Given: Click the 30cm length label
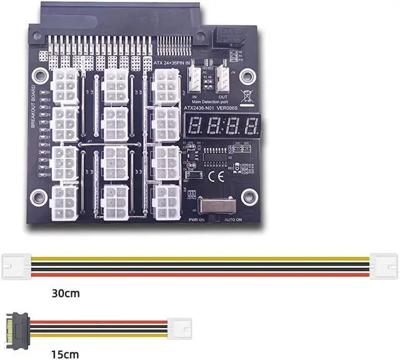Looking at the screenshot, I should [66, 292].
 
